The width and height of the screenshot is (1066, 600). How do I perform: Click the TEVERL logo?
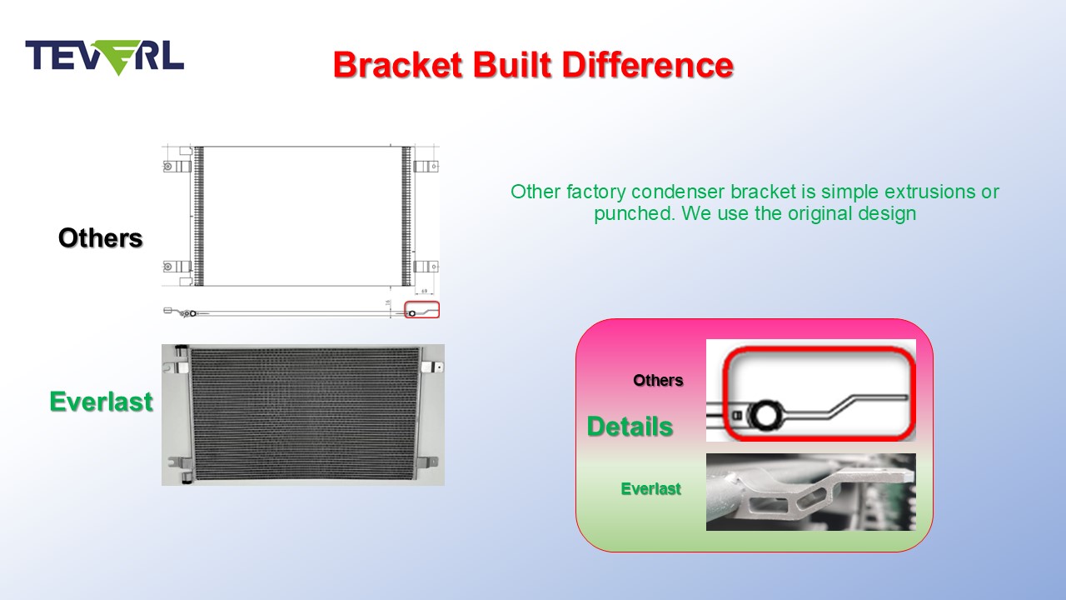105,57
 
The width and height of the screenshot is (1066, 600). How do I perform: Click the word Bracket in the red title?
398,65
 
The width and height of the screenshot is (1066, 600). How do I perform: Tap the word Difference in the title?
648,65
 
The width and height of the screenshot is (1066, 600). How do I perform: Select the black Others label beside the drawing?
101,238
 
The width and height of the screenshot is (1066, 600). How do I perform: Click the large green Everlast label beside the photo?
102,402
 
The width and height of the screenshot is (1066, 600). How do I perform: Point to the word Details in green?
630,426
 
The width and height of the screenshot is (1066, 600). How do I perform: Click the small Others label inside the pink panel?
658,380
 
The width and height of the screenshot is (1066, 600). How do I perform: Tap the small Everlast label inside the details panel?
651,488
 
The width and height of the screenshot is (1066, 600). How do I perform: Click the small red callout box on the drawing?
421,309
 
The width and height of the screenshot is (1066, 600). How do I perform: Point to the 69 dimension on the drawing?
425,291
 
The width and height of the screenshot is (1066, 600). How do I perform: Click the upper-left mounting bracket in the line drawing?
177,166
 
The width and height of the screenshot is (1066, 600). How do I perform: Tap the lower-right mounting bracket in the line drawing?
426,266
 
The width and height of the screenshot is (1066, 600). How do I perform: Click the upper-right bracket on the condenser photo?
432,367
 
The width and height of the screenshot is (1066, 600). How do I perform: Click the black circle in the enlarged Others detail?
766,414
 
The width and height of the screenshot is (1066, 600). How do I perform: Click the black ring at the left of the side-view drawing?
192,313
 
